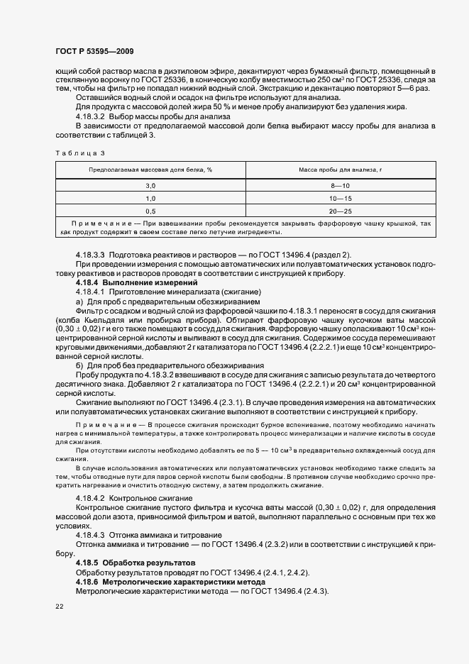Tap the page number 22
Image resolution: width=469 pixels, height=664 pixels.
pos(59,606)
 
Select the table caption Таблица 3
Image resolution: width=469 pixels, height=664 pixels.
pos(79,153)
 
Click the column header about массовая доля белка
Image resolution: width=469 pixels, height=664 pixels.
pos(150,170)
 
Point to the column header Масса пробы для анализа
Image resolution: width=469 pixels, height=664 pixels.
pos(341,170)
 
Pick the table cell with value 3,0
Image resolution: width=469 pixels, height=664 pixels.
pos(150,185)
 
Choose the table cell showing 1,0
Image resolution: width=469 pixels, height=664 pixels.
pos(150,198)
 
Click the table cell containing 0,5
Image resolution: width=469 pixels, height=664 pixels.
pos(150,211)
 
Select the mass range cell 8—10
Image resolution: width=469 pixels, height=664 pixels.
pos(341,185)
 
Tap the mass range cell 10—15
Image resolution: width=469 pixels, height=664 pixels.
pos(341,198)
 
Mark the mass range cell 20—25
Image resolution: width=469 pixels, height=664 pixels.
pos(341,211)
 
